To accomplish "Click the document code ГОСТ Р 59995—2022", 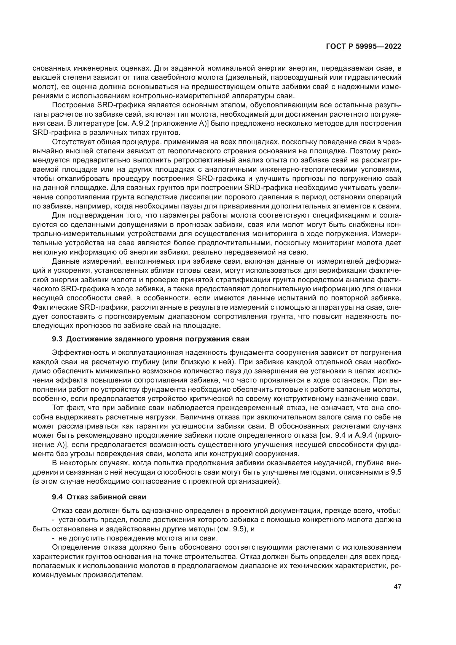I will click(364, 47).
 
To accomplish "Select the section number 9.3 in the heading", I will click(57, 339).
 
